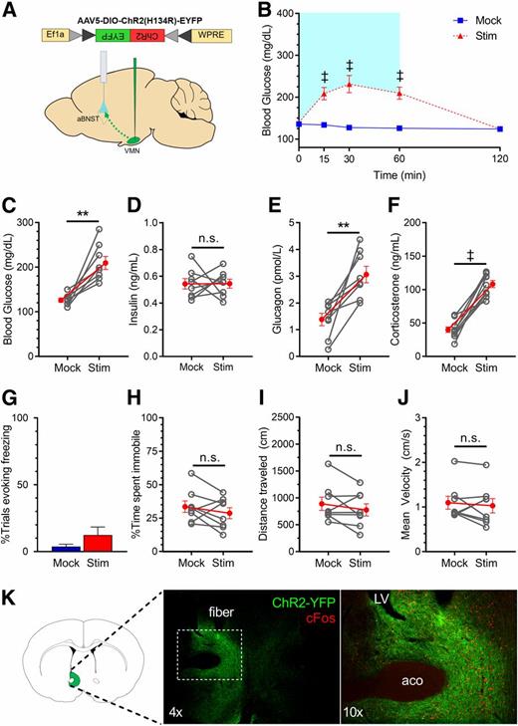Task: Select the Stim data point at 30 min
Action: pyautogui.click(x=349, y=86)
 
